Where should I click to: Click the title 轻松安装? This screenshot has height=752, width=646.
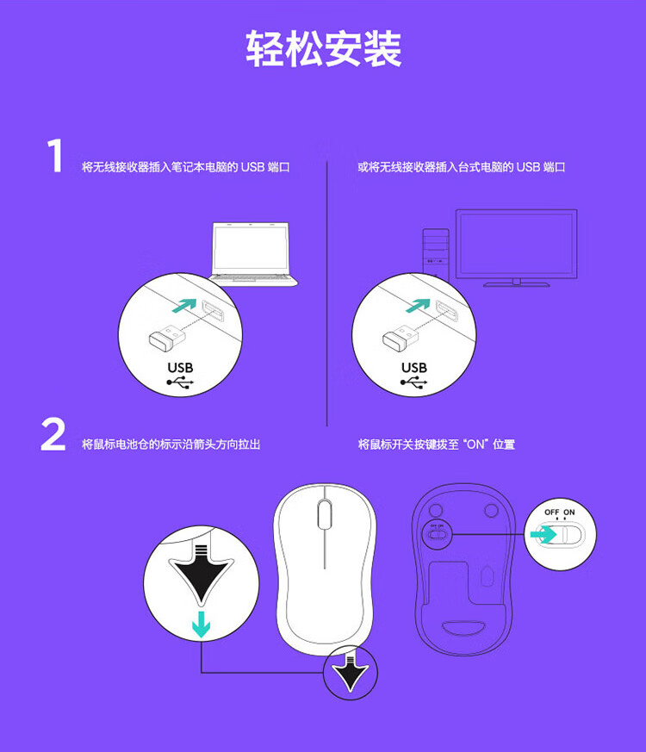[323, 48]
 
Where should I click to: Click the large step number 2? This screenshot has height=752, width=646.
[53, 434]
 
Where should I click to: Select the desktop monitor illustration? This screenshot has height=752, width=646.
[516, 247]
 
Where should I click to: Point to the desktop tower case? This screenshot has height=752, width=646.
[436, 254]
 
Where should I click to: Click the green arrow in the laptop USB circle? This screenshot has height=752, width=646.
[184, 305]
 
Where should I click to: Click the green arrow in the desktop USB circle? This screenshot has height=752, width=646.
[418, 305]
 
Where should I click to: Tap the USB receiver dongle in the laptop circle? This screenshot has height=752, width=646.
[167, 336]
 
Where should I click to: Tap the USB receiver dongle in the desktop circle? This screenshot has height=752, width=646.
[401, 336]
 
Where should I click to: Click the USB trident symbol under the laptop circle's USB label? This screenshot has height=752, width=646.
[180, 382]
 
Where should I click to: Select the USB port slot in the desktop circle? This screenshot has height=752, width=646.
[446, 312]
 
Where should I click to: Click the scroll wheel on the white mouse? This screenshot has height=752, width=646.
[325, 514]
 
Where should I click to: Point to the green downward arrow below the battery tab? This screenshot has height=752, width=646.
[201, 625]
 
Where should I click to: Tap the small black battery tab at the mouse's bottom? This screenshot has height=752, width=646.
[350, 671]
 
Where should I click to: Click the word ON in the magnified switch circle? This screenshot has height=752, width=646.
[568, 513]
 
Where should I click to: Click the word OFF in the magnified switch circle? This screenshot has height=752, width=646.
[552, 513]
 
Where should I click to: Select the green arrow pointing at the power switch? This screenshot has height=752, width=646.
[543, 534]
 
